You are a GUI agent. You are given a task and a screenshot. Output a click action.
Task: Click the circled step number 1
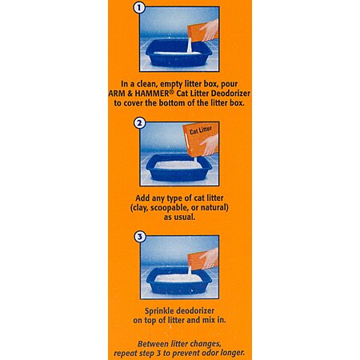(x=139, y=7)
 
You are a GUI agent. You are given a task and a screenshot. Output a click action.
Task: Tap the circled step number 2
(x=140, y=123)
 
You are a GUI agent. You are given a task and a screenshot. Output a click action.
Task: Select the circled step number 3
(x=140, y=237)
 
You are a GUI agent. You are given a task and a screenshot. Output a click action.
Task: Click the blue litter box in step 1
(x=178, y=54)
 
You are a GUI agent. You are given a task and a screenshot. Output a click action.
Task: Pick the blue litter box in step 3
(x=178, y=281)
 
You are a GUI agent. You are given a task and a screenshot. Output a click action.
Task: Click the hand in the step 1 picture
(x=210, y=30)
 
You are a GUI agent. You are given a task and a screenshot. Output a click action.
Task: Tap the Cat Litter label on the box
(x=201, y=130)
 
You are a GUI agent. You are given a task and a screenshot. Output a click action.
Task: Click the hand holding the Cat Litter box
(x=210, y=145)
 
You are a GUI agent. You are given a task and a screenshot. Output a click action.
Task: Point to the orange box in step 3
(x=198, y=261)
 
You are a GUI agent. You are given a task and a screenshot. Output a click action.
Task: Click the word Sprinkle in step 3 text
(x=159, y=311)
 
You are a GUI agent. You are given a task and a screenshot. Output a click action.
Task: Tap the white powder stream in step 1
(x=190, y=46)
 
